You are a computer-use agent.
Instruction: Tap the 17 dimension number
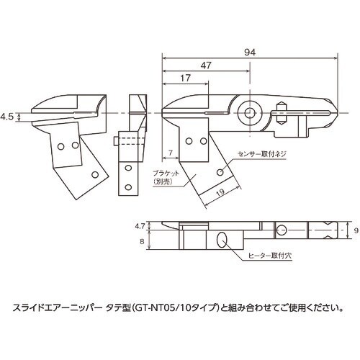185,78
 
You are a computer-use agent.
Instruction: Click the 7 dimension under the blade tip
168,152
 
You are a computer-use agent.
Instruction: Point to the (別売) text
164,183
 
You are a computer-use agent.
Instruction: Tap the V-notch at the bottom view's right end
330,230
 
